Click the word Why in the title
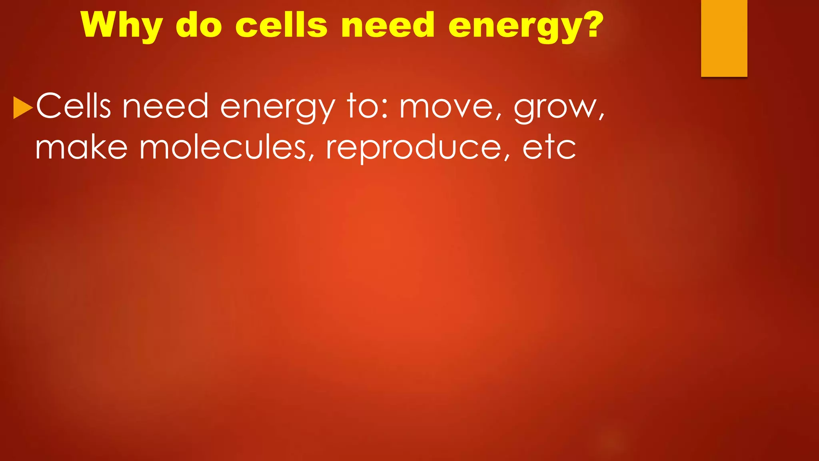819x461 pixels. point(121,25)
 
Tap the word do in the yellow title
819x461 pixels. point(199,25)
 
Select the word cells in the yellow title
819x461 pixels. point(281,25)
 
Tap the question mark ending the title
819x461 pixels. point(591,24)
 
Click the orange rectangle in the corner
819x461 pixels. point(724,38)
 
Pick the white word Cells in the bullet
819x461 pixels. point(73,106)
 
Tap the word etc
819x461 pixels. point(549,147)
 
